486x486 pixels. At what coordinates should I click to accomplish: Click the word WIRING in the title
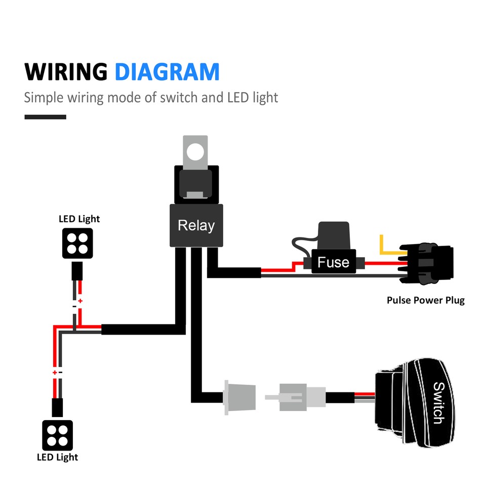click(x=66, y=72)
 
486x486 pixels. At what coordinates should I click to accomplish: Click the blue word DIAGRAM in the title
click(x=167, y=72)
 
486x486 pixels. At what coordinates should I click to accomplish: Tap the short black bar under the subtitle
click(x=45, y=117)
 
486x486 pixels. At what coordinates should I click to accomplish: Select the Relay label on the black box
click(x=196, y=225)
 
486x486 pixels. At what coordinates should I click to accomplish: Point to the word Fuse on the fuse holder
click(x=333, y=262)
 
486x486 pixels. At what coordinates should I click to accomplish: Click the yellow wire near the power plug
click(x=387, y=248)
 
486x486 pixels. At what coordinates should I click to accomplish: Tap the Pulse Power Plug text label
click(x=425, y=300)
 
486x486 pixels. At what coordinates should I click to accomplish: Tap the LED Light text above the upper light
click(x=79, y=219)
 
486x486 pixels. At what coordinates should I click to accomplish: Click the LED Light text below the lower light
click(x=57, y=457)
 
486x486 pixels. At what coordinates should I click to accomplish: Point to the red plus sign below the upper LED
click(x=80, y=301)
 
